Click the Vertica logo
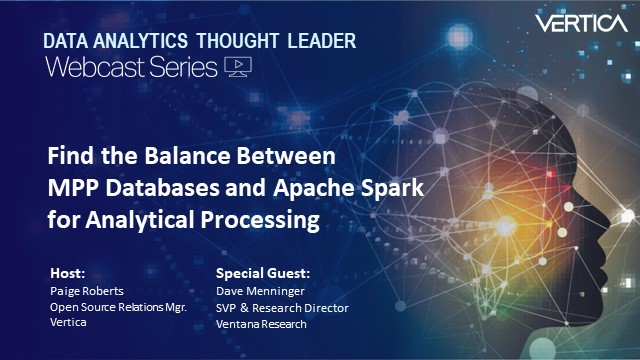tap(580, 22)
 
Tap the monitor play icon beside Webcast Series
tap(238, 67)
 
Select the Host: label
tap(67, 273)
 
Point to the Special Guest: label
tap(263, 273)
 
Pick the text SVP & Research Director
tap(282, 308)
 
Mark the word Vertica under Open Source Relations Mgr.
tap(66, 324)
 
